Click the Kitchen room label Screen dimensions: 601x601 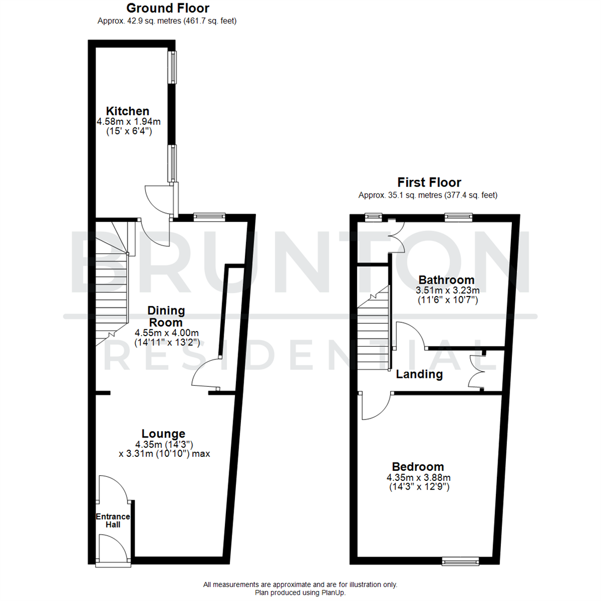[128, 111]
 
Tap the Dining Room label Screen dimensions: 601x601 [166, 316]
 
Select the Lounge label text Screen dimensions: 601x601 [163, 433]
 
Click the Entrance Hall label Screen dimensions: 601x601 [112, 520]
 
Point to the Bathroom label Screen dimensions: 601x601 [446, 279]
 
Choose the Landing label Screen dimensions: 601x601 [419, 375]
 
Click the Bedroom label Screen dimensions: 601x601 [418, 467]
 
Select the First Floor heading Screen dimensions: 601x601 [428, 182]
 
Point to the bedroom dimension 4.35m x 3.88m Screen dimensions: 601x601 [418, 477]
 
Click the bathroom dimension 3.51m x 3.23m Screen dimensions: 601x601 [447, 290]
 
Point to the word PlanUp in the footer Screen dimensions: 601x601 [333, 593]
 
